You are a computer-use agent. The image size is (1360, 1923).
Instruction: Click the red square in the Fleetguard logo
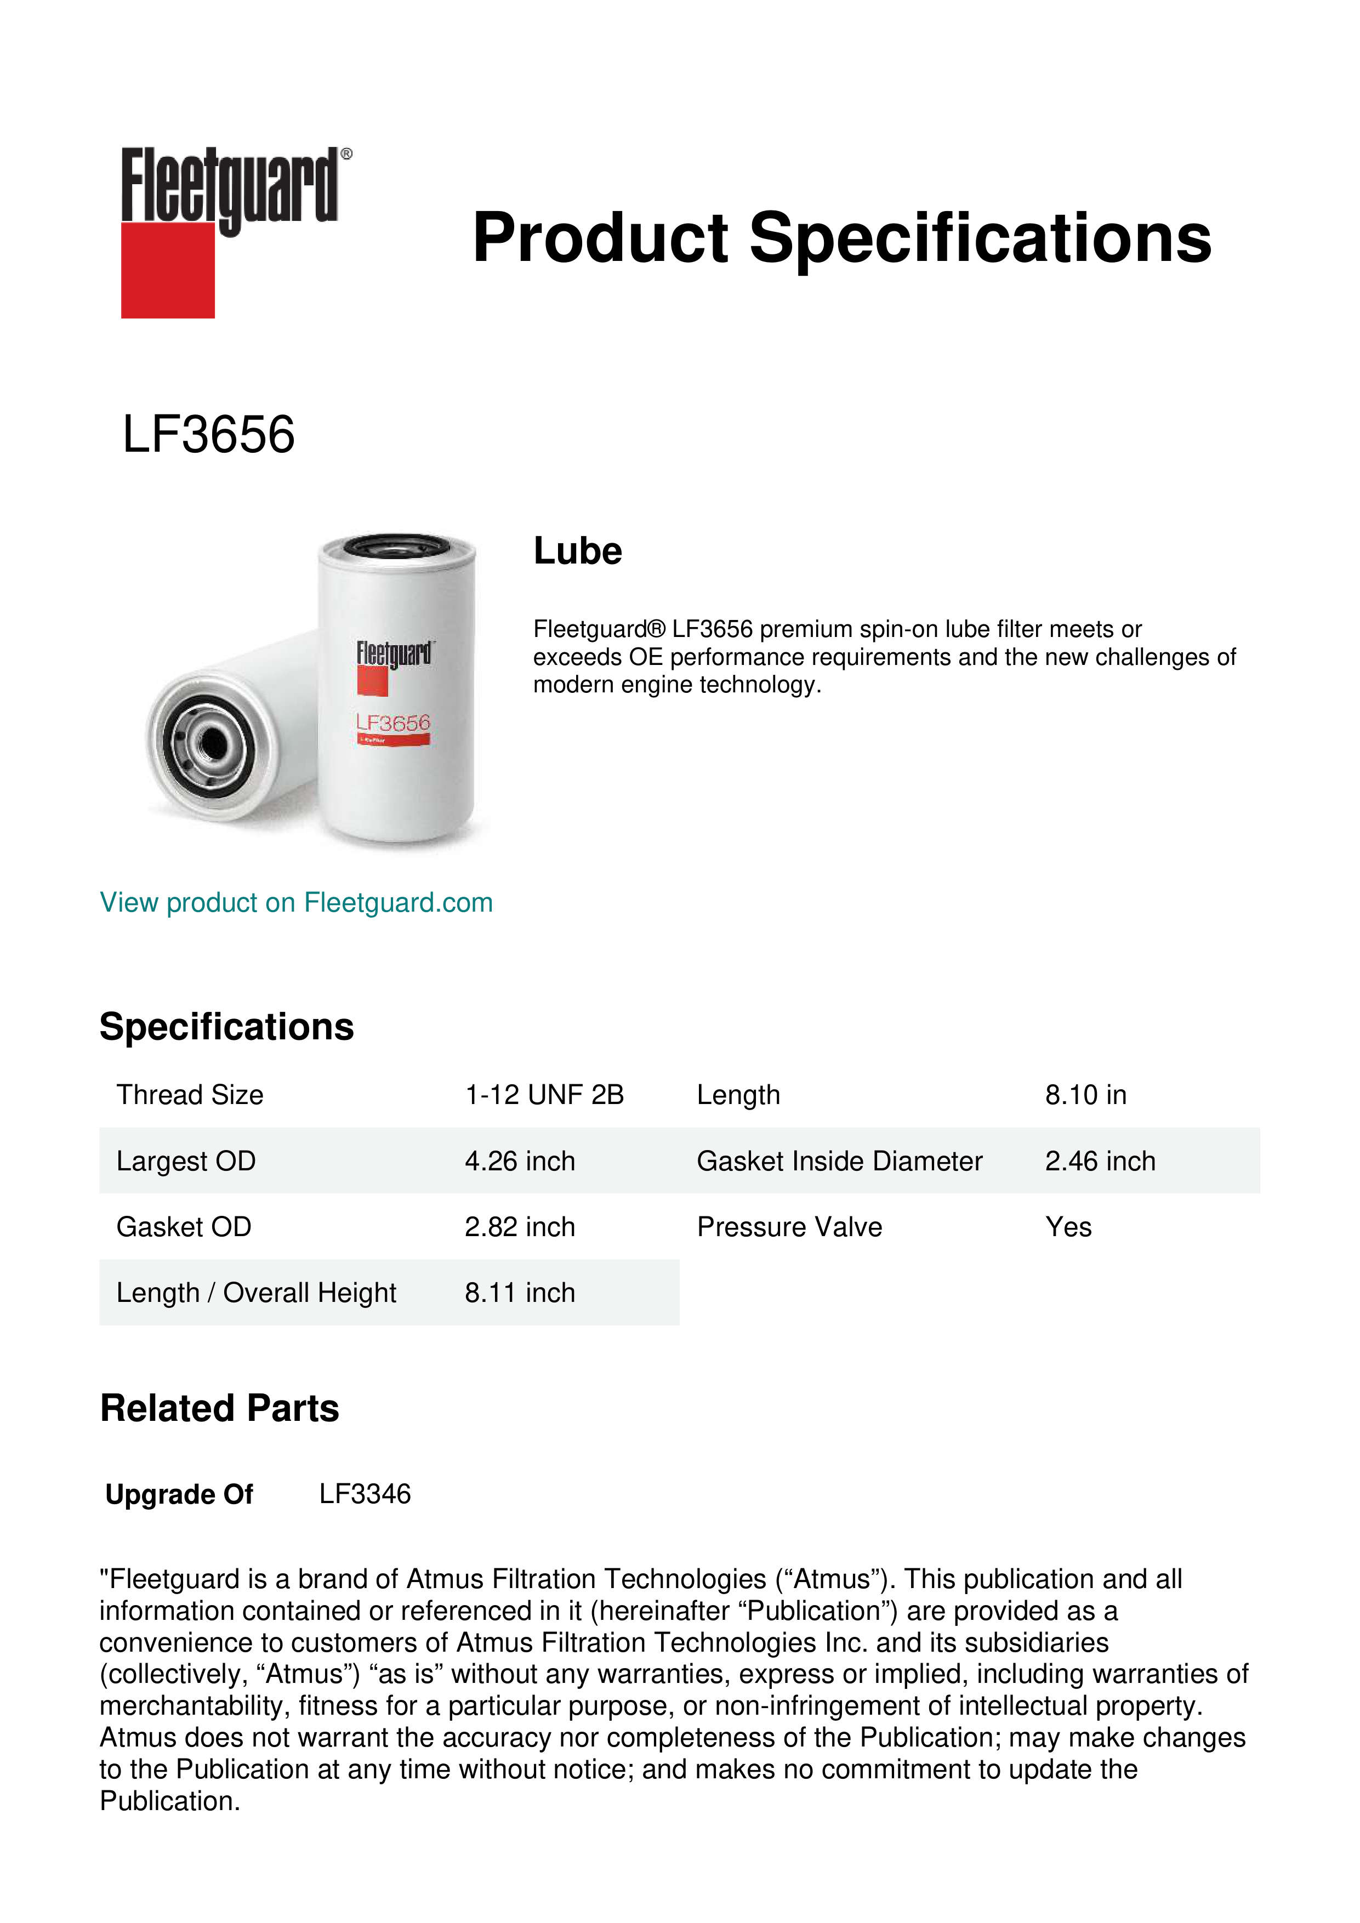click(x=168, y=270)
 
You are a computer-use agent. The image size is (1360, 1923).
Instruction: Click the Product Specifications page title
click(x=841, y=238)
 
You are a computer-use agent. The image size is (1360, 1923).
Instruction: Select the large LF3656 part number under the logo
click(x=208, y=435)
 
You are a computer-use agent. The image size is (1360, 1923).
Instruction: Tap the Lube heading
click(x=578, y=551)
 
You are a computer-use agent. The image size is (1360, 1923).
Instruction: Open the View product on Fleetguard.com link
click(x=295, y=903)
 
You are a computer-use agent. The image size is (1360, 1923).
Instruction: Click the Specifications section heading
click(x=226, y=1027)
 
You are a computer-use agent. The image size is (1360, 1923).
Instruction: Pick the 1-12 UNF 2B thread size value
click(x=544, y=1095)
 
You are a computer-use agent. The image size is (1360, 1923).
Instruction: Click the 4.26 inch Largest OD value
click(x=519, y=1161)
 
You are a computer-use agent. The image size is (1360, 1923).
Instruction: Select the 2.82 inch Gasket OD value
click(x=519, y=1227)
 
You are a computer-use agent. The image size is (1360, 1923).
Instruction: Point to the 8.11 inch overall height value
click(x=519, y=1293)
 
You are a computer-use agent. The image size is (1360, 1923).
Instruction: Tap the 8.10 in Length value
click(x=1085, y=1095)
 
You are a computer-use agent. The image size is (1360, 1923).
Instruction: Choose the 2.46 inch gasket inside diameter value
click(x=1100, y=1161)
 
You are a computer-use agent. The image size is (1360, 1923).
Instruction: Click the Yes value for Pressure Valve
click(x=1068, y=1227)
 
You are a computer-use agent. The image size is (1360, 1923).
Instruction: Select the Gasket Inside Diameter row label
click(x=839, y=1161)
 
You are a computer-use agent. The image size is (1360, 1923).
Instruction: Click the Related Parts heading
click(x=219, y=1409)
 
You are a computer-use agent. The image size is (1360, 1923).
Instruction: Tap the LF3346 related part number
click(x=365, y=1494)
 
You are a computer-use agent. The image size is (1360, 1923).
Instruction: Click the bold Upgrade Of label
click(x=179, y=1495)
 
